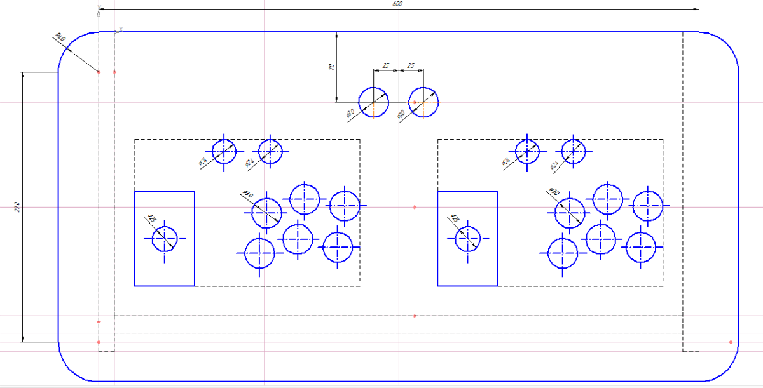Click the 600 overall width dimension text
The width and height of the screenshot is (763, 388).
(x=397, y=4)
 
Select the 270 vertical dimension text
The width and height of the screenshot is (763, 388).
(x=17, y=206)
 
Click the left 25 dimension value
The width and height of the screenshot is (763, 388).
(x=385, y=65)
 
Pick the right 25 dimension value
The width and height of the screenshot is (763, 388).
(x=411, y=65)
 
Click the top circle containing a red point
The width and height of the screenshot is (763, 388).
(x=423, y=102)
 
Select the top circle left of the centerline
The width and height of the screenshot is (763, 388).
(x=373, y=102)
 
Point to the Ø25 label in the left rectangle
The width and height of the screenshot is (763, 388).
(x=151, y=219)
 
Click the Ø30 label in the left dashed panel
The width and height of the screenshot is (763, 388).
(x=247, y=194)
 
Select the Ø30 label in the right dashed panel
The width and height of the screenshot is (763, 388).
(x=553, y=192)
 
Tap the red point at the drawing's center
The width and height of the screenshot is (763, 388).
(x=415, y=207)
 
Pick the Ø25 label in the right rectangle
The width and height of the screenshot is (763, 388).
(x=455, y=219)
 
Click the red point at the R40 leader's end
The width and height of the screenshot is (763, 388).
(x=99, y=72)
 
